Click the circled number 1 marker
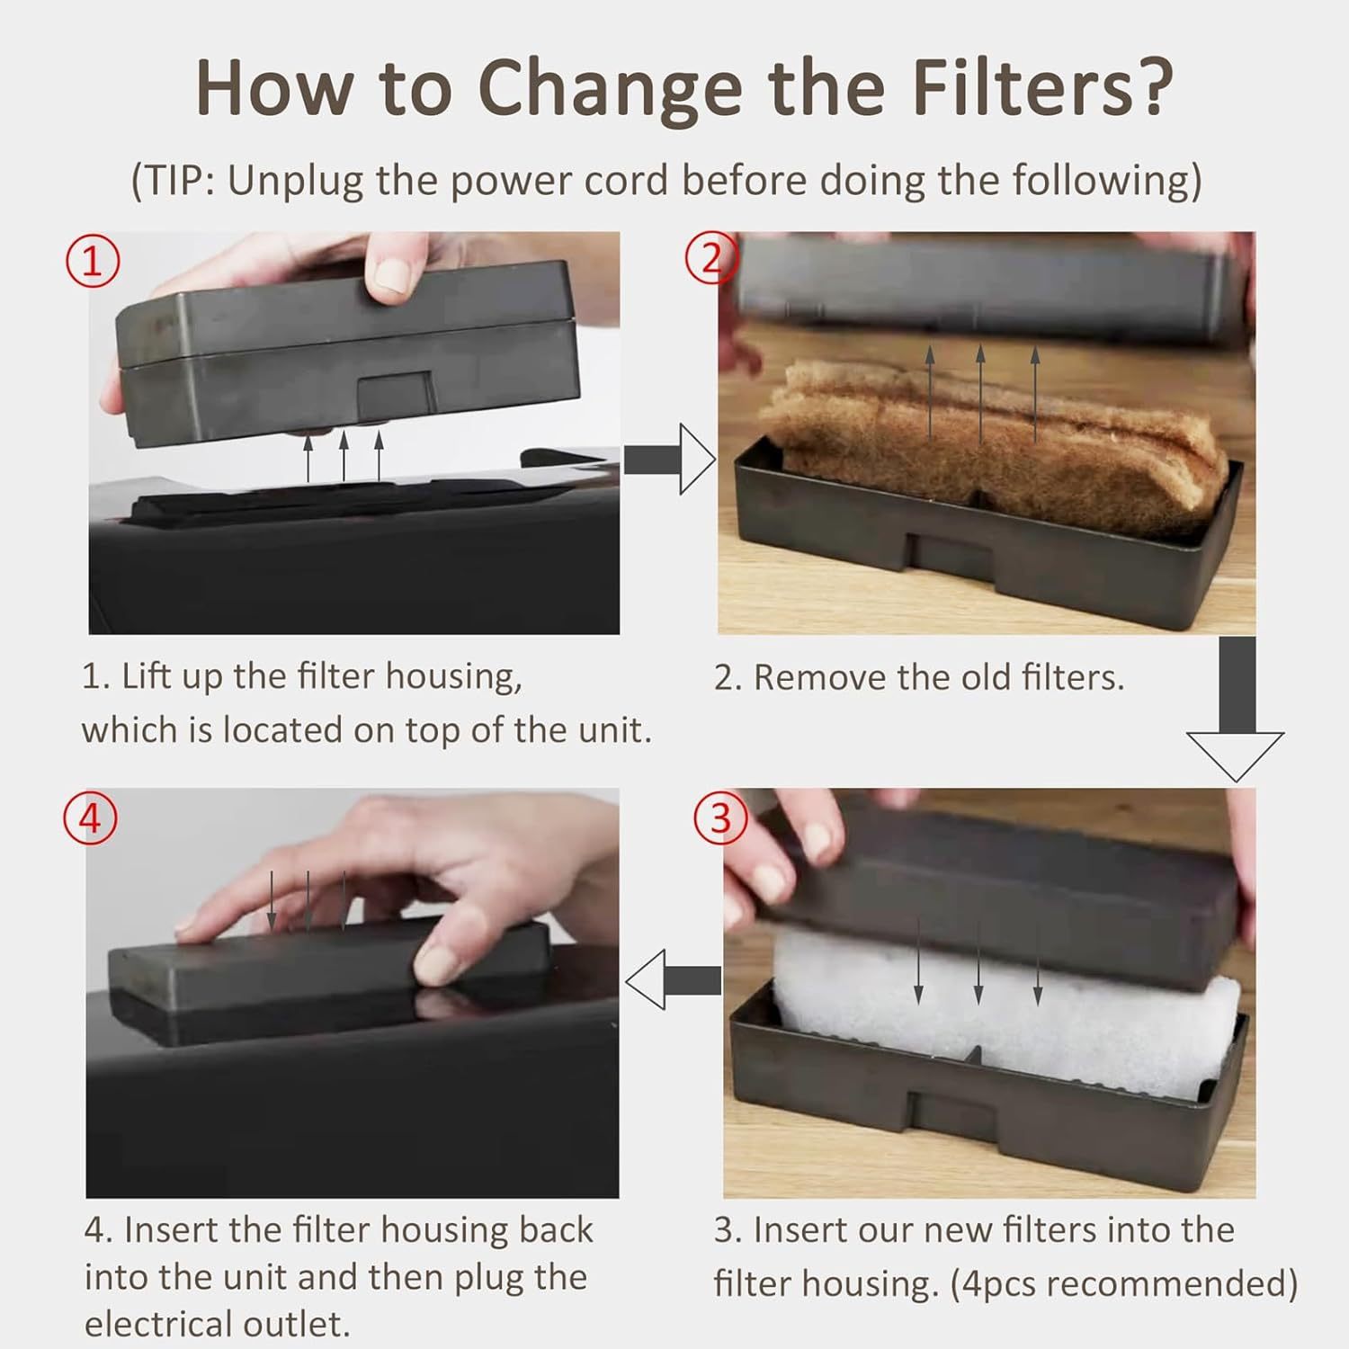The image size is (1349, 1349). (x=92, y=261)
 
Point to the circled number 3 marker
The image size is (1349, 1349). (x=721, y=817)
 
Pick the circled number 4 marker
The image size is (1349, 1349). (x=90, y=818)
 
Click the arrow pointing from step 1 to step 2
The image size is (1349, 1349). (x=670, y=460)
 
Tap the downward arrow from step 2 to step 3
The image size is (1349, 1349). (x=1236, y=710)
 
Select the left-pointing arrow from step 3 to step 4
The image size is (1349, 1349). (x=673, y=979)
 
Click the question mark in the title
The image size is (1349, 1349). (x=1150, y=86)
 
